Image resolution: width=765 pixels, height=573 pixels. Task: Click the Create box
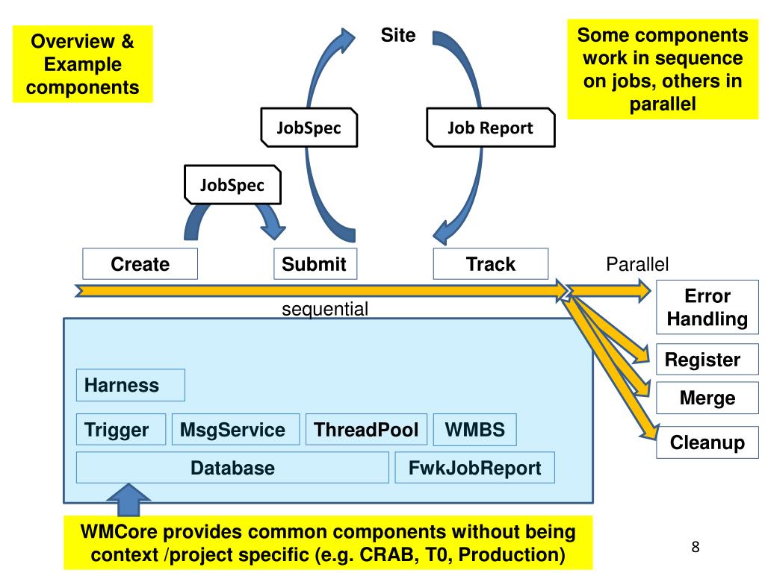click(x=140, y=264)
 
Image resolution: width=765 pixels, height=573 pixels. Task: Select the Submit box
click(x=315, y=264)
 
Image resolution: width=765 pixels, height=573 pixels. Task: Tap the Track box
click(x=490, y=264)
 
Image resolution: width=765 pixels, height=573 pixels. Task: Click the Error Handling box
click(x=707, y=307)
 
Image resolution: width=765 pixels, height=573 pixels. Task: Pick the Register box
click(x=702, y=360)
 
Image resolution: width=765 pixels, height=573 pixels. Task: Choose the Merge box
click(x=707, y=398)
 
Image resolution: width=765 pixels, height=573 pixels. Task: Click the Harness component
click(x=130, y=385)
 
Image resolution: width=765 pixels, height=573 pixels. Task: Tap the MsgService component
click(x=235, y=430)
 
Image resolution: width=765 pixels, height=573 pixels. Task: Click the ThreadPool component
click(x=366, y=430)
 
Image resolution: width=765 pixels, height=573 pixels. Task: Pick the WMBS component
click(x=474, y=430)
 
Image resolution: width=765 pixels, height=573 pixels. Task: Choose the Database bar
click(x=232, y=468)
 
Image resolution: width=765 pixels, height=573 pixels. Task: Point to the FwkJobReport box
click(x=474, y=468)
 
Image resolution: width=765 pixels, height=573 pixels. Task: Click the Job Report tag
click(x=490, y=128)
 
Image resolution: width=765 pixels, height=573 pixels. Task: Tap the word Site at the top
click(x=398, y=35)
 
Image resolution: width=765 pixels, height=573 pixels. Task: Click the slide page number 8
click(x=696, y=548)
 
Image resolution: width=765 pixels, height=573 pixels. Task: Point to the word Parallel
click(x=637, y=264)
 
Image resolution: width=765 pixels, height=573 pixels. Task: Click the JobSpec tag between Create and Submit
click(x=232, y=185)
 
